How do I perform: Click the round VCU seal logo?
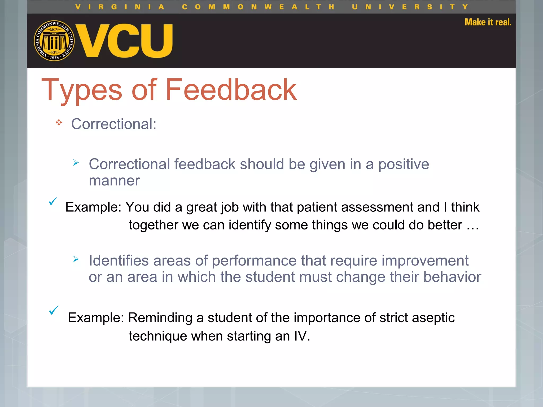[x=54, y=41]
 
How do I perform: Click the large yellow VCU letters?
[x=125, y=41]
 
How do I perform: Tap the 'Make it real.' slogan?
[x=488, y=22]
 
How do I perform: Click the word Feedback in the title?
[x=231, y=90]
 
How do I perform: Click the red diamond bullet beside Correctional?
[x=59, y=123]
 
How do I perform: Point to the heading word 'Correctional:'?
[x=114, y=124]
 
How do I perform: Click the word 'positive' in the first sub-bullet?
[x=403, y=164]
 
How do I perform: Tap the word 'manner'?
[x=114, y=181]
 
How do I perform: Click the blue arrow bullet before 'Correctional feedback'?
[x=76, y=163]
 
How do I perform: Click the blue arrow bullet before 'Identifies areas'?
[x=76, y=259]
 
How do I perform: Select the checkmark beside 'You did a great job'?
[x=53, y=201]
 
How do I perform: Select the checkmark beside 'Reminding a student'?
[x=54, y=310]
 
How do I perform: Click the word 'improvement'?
[x=425, y=260]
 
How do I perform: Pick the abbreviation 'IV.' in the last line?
[x=302, y=336]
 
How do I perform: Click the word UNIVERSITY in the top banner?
[x=410, y=7]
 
